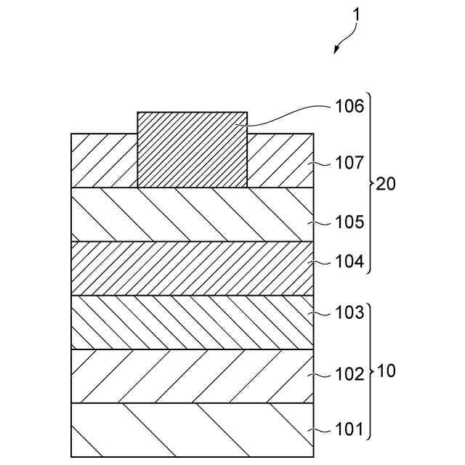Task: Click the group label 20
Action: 387,184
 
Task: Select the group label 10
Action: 387,371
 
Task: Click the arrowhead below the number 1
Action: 337,49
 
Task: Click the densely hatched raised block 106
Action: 192,149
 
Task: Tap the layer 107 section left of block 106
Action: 104,161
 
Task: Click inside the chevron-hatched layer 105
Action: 193,214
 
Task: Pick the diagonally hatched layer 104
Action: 193,268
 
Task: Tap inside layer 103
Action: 193,322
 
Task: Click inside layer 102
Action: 193,376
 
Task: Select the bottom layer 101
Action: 193,430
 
